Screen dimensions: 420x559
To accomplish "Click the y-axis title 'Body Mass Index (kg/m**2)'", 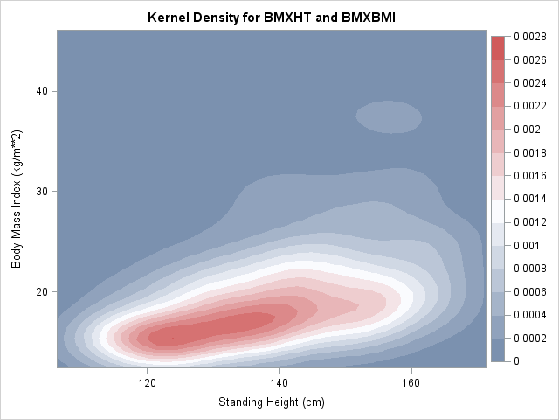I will point(17,199).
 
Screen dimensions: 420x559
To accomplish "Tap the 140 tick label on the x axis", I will point(279,382).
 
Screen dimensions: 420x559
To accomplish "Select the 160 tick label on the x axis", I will point(411,382).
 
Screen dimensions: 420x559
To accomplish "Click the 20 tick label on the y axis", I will point(41,291).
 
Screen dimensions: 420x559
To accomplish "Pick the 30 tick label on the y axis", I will point(41,192).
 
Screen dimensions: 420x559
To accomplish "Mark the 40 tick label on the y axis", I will point(41,91).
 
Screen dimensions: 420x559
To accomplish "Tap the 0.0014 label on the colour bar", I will point(529,199).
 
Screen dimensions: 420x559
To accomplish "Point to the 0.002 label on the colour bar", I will point(526,129).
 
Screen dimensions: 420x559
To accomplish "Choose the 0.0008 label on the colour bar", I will point(529,268).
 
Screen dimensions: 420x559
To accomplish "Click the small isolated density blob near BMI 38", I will point(389,115).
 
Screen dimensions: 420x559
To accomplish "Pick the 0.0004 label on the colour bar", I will point(529,314).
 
